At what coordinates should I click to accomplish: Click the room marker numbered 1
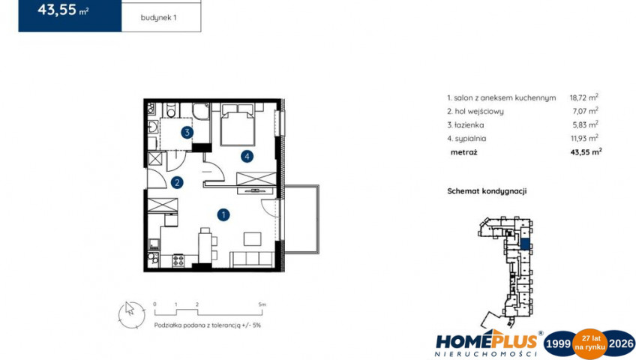[223, 214]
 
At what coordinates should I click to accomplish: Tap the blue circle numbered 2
[177, 183]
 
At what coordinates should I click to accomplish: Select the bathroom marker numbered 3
[187, 132]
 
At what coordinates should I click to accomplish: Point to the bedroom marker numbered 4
[247, 156]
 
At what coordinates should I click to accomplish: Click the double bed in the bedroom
[238, 124]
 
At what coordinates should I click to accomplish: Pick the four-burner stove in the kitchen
[178, 260]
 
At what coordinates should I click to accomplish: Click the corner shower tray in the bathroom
[201, 111]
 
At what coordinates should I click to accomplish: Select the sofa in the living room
[252, 259]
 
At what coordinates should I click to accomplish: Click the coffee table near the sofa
[252, 238]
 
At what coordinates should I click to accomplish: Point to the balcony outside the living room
[301, 219]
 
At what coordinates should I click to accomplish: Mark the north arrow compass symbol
[131, 315]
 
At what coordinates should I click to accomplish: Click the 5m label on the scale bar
[262, 304]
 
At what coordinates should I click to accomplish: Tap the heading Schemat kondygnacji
[487, 191]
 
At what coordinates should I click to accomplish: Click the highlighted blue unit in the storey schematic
[525, 244]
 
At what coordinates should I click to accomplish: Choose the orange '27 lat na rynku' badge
[589, 343]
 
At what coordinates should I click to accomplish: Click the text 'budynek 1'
[158, 18]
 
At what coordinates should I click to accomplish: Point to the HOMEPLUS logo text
[487, 340]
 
